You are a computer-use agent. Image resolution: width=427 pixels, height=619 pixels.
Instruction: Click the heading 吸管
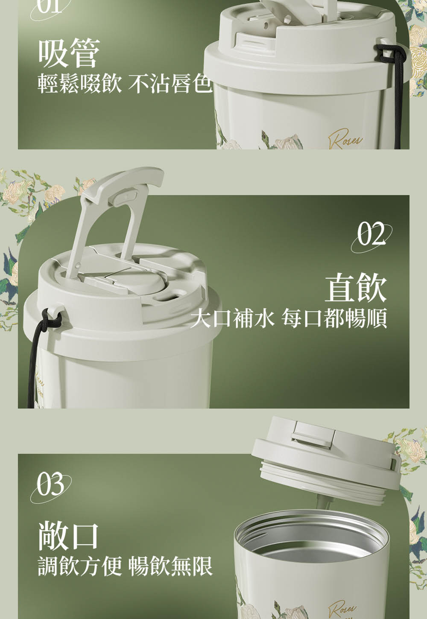click(x=69, y=53)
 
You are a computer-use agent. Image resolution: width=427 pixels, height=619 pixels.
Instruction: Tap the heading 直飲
click(x=355, y=287)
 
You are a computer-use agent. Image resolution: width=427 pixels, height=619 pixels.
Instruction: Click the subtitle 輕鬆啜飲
click(x=79, y=84)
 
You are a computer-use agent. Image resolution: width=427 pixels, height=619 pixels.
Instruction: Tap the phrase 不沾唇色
click(x=170, y=84)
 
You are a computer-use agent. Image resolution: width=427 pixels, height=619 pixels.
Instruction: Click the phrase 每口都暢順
click(x=334, y=318)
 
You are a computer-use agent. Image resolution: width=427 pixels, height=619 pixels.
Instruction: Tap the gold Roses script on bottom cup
click(x=342, y=608)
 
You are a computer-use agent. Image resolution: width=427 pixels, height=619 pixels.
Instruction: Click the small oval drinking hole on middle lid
click(x=165, y=296)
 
